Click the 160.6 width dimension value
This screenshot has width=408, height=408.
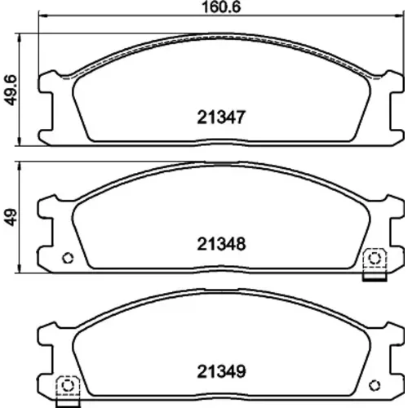point(222,7)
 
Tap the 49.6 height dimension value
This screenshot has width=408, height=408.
point(11,91)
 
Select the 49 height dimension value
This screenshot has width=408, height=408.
point(11,217)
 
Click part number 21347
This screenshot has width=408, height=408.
point(221,118)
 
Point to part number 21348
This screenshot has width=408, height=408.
point(221,244)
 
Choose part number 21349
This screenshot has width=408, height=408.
point(221,371)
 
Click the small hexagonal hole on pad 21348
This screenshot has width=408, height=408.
point(68,258)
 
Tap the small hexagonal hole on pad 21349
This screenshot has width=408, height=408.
point(375,385)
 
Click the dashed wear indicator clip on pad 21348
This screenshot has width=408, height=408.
point(375,264)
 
